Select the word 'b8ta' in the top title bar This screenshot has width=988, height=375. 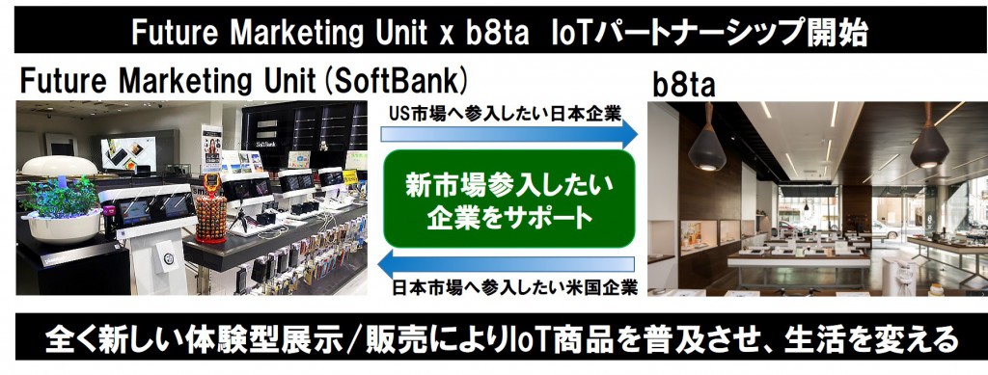coord(498,33)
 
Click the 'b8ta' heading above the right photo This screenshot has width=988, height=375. coord(684,85)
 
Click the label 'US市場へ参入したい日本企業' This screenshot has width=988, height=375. coord(506,113)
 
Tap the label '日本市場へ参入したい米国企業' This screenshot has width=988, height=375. coord(514,288)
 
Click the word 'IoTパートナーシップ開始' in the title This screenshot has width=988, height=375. coord(709,33)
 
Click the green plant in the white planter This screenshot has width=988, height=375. coord(60,199)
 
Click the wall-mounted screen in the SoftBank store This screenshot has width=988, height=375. coord(128,153)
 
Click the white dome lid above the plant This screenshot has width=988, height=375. coord(60,166)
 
